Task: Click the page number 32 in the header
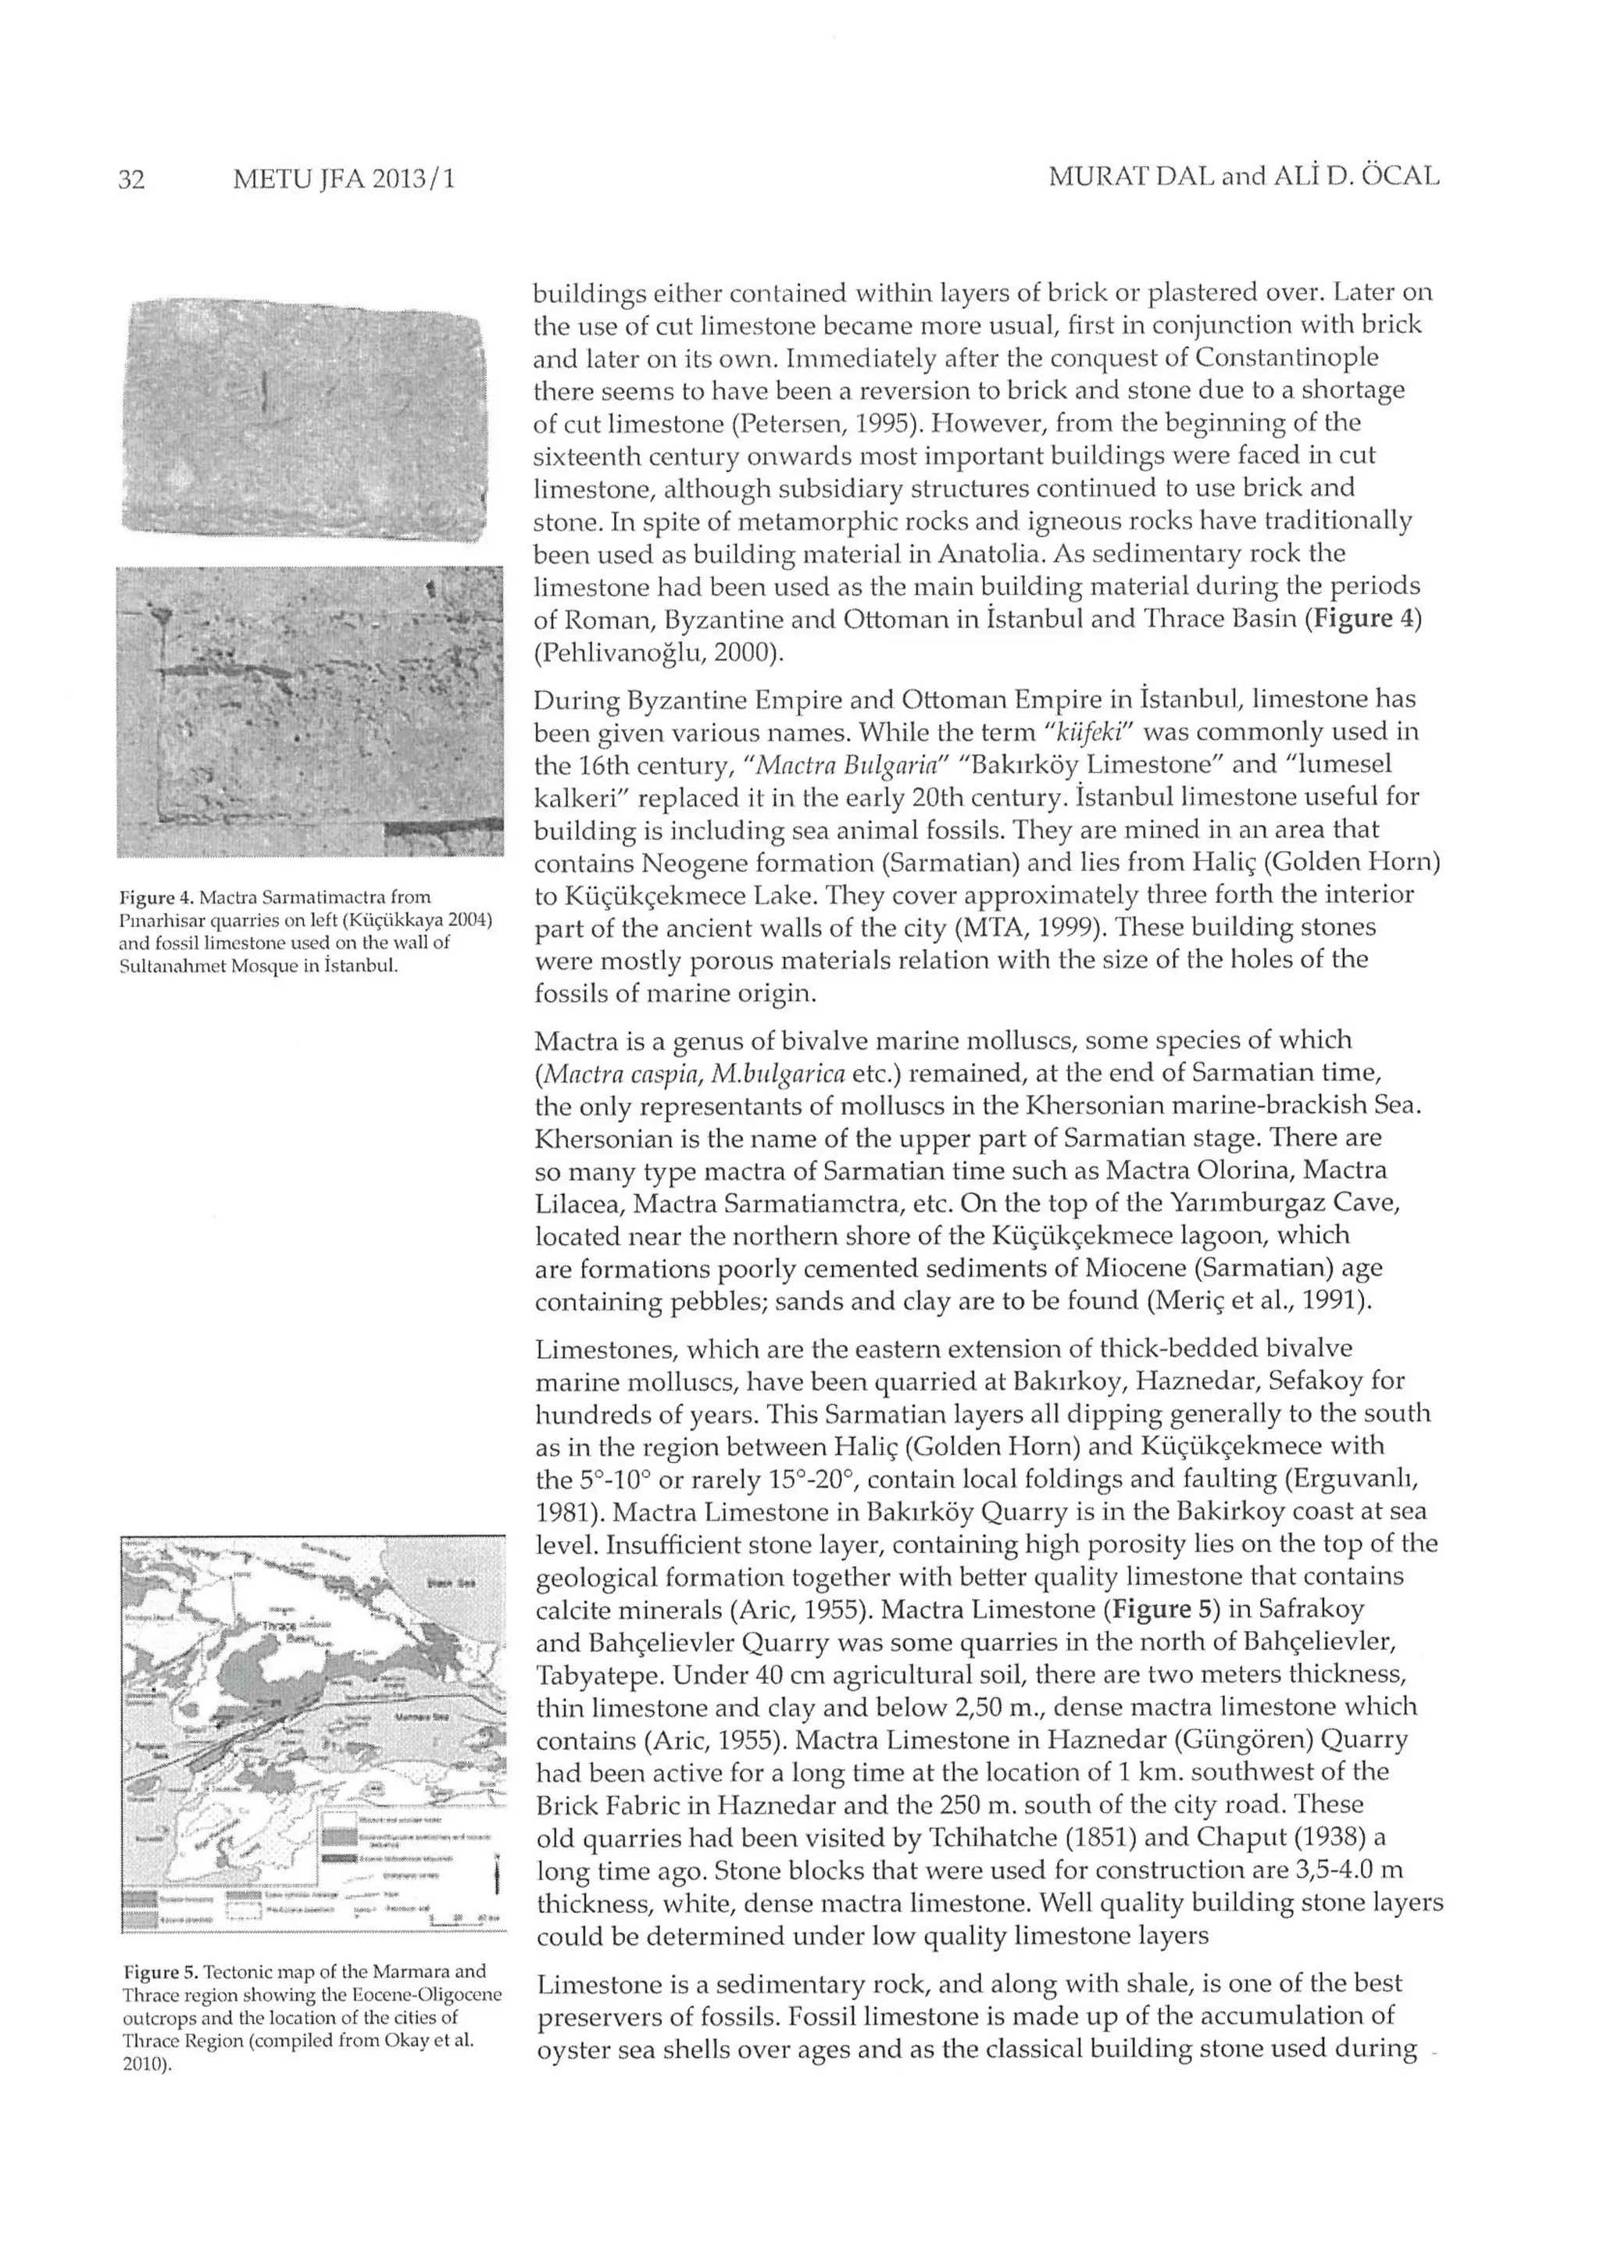tap(131, 180)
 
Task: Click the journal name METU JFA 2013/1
tap(344, 180)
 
